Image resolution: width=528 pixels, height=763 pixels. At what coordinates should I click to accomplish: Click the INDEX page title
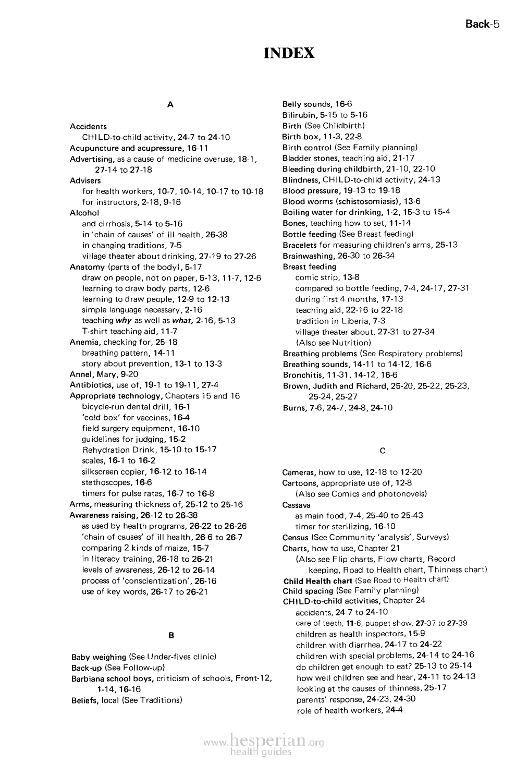(x=289, y=53)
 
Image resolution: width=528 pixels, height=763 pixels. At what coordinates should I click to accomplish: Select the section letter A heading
(x=170, y=105)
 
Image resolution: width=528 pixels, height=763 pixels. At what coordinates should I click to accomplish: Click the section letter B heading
(x=170, y=635)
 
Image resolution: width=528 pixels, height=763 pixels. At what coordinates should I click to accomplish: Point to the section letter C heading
(x=383, y=450)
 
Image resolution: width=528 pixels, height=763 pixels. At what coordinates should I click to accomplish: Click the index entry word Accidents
(x=88, y=127)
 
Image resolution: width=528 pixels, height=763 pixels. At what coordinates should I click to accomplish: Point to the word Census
(x=296, y=537)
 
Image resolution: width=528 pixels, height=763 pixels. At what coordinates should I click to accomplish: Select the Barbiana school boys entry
(x=112, y=679)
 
